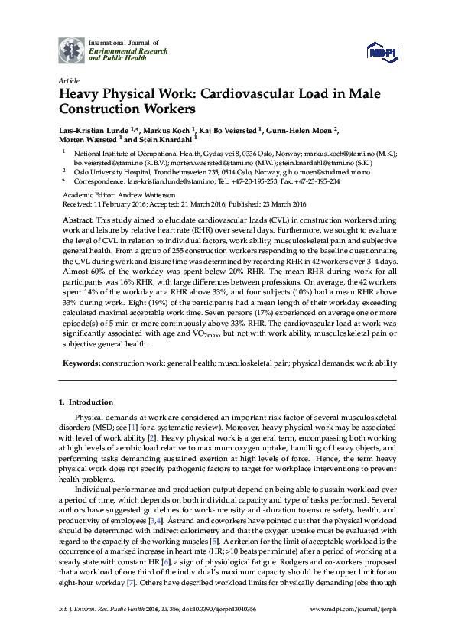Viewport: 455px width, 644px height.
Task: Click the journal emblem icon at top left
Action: [73, 50]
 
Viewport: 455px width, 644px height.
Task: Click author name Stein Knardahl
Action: [165, 141]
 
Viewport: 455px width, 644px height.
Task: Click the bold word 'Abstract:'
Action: [80, 220]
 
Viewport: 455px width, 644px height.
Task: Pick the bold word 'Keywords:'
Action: [80, 363]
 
